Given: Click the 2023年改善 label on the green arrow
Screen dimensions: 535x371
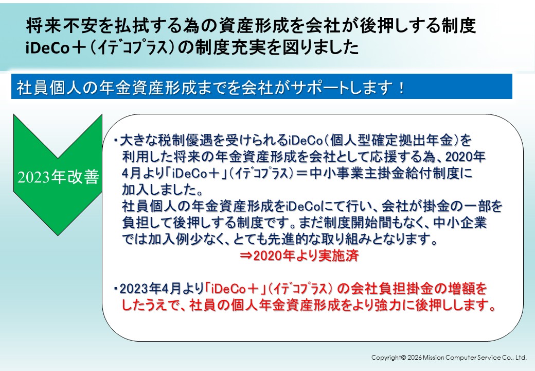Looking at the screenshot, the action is (x=58, y=177).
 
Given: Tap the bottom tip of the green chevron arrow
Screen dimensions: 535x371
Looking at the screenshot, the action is (x=58, y=235).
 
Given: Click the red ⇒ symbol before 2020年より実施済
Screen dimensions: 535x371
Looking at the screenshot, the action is (x=246, y=256).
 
